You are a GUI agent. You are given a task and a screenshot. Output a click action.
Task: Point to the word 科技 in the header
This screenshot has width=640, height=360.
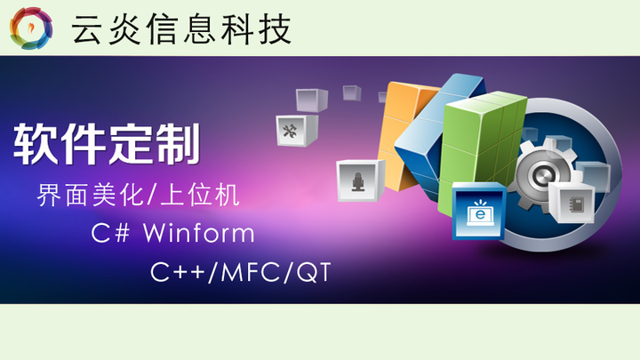pyautogui.click(x=267, y=29)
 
